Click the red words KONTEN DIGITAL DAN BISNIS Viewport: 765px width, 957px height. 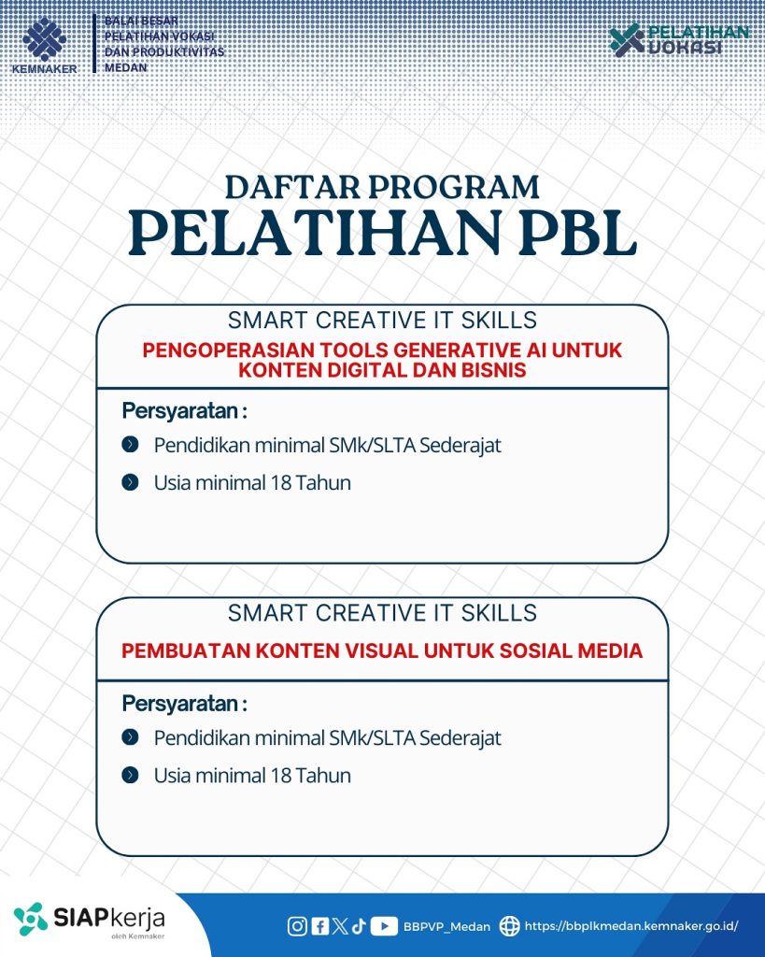click(382, 370)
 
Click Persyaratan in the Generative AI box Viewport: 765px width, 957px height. click(185, 411)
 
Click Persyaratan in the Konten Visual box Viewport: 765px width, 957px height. click(185, 704)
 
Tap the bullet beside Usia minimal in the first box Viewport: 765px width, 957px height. click(131, 483)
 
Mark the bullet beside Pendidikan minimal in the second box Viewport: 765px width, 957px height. click(131, 737)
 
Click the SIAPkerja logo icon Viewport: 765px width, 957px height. click(31, 919)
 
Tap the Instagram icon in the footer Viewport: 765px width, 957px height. click(297, 926)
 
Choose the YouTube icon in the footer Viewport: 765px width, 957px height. click(384, 926)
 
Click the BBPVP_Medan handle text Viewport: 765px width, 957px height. click(446, 927)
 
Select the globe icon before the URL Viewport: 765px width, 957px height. click(509, 926)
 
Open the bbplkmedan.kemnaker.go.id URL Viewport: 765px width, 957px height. click(631, 927)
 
